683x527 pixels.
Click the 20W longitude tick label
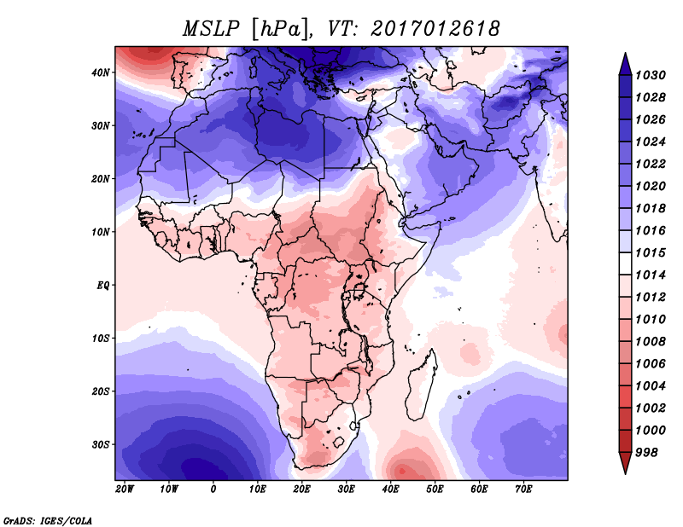[x=125, y=489]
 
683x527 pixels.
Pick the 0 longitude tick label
[x=213, y=489]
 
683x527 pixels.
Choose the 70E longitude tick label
[x=524, y=489]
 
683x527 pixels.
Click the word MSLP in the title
[x=210, y=28]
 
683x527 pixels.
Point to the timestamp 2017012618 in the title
[x=435, y=28]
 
